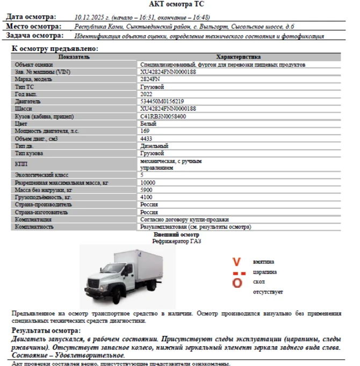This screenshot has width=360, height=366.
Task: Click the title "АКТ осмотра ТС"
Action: (180, 4)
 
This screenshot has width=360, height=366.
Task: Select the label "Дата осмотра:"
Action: (30, 17)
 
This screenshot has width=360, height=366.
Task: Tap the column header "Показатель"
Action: (74, 57)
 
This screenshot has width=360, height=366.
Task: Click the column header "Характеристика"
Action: (238, 57)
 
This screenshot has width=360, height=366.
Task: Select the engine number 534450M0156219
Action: (162, 101)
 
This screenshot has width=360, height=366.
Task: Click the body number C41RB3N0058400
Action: (163, 116)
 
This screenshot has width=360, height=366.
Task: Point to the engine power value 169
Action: (145, 131)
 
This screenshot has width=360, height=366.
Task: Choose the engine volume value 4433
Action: (146, 138)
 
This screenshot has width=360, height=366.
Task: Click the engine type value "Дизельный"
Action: (154, 146)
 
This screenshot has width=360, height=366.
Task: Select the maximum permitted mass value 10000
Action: (148, 183)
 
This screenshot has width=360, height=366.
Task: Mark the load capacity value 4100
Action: (146, 197)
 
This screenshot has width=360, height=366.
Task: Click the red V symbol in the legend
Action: (236, 262)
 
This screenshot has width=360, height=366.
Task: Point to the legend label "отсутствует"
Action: (268, 292)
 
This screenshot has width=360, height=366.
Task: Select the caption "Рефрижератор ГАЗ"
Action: (176, 241)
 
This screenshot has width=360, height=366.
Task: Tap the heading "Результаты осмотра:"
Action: (46, 331)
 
